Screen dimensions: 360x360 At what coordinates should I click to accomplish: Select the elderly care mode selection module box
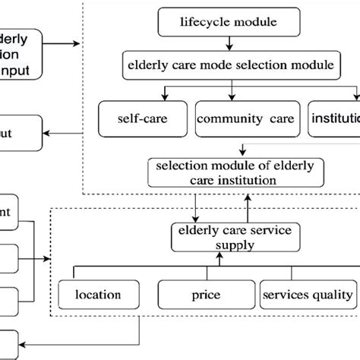pyautogui.click(x=231, y=65)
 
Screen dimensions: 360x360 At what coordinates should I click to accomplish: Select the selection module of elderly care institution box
pyautogui.click(x=232, y=172)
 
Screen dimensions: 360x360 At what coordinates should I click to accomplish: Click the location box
pyautogui.click(x=99, y=294)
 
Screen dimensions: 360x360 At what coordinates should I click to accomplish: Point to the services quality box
pyautogui.click(x=308, y=294)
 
